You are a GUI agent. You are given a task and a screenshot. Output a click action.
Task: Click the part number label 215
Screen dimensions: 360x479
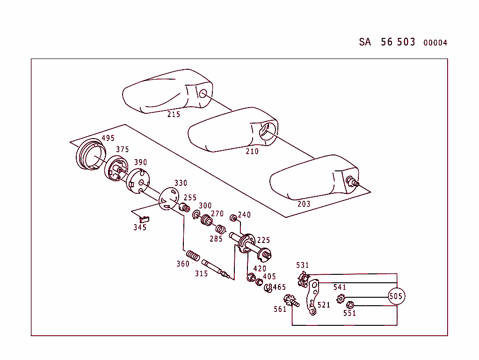click(174, 114)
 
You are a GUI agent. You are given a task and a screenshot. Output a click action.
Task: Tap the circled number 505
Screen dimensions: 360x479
click(396, 296)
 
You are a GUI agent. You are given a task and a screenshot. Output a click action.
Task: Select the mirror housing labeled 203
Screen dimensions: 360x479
click(309, 178)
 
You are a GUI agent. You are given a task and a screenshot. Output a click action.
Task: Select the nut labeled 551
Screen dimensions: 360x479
click(349, 305)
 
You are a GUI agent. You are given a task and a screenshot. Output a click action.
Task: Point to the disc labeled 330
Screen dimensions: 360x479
click(168, 200)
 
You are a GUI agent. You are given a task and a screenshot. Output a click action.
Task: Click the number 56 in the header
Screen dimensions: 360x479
click(387, 42)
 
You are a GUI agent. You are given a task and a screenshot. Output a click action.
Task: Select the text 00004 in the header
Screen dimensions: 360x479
click(435, 43)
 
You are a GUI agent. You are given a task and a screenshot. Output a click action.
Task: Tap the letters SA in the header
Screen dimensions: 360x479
click(365, 42)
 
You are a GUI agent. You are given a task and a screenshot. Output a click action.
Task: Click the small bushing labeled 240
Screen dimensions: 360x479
click(232, 218)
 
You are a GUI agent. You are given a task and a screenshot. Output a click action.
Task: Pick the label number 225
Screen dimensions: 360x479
click(263, 240)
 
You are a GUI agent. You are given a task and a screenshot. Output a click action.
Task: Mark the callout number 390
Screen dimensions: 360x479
click(140, 162)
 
